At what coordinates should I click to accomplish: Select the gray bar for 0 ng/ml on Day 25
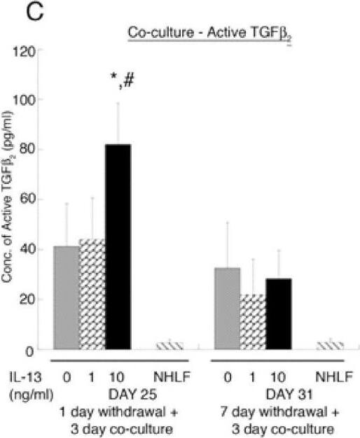(67, 297)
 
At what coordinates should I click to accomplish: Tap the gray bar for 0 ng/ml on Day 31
(227, 308)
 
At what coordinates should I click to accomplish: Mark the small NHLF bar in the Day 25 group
(169, 345)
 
